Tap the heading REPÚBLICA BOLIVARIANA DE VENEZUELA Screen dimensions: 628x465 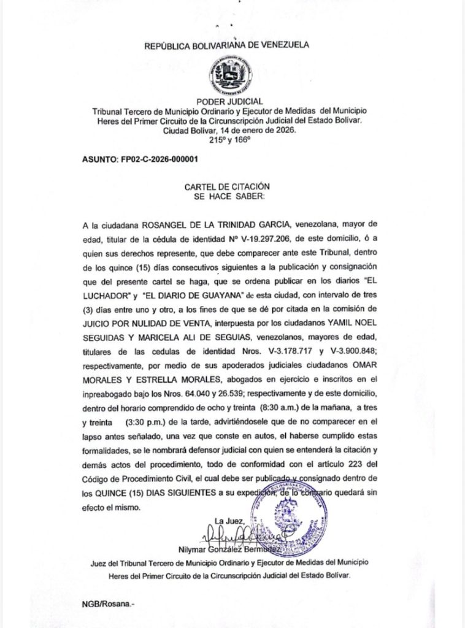click(227, 46)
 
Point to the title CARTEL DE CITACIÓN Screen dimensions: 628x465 click(227, 185)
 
